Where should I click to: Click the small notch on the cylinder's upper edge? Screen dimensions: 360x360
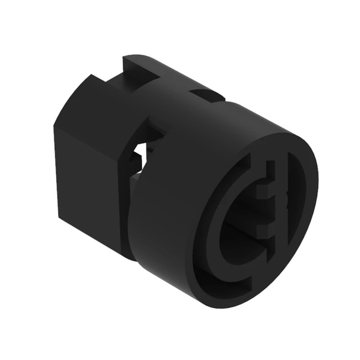point(208,96)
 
